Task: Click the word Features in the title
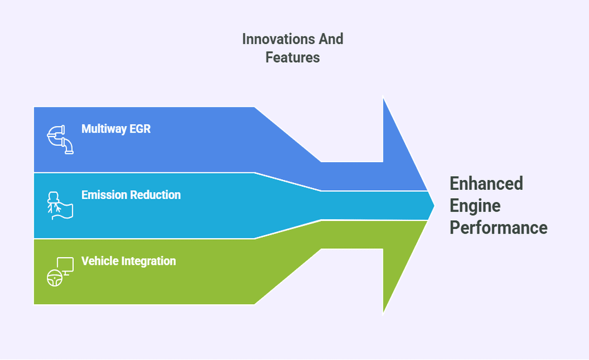292,57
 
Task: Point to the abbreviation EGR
140,128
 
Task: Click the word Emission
104,195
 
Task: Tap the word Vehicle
99,261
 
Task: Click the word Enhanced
486,183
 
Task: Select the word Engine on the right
475,206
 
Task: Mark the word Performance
498,228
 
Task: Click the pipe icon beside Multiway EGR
60,139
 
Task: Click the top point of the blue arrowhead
383,98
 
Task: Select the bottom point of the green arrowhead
383,312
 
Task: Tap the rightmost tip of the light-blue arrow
434,206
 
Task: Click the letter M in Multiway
85,128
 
